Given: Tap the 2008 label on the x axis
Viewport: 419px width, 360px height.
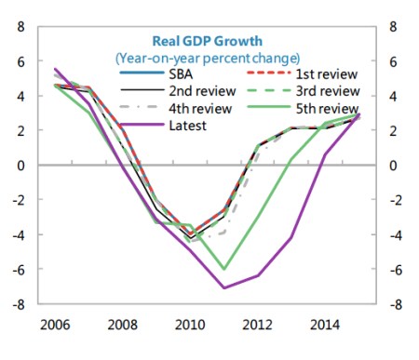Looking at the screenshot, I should tap(124, 327).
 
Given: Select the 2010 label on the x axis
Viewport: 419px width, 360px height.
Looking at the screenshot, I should tap(191, 327).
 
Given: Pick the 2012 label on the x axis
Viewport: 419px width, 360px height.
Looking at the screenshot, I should tap(258, 327).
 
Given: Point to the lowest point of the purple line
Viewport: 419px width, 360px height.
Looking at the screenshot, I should tap(223, 287).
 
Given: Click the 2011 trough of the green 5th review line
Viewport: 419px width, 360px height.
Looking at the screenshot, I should tap(223, 269).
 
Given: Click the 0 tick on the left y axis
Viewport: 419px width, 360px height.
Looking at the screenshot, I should tap(20, 166).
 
